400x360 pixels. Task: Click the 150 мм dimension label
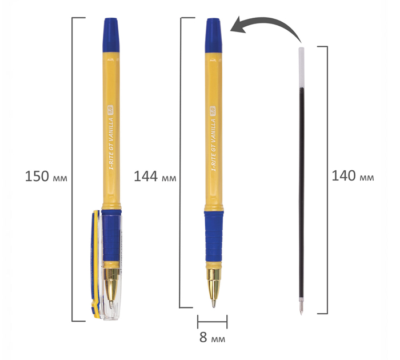[x=46, y=177]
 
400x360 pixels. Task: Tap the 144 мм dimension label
[x=155, y=177]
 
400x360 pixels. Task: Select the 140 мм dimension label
[x=353, y=176]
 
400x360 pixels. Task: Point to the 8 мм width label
[x=212, y=337]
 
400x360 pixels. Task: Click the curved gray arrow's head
[x=238, y=25]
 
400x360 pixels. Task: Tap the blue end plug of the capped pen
[x=111, y=35]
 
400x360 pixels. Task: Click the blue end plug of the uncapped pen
[x=214, y=35]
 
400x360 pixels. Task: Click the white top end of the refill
[x=301, y=67]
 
